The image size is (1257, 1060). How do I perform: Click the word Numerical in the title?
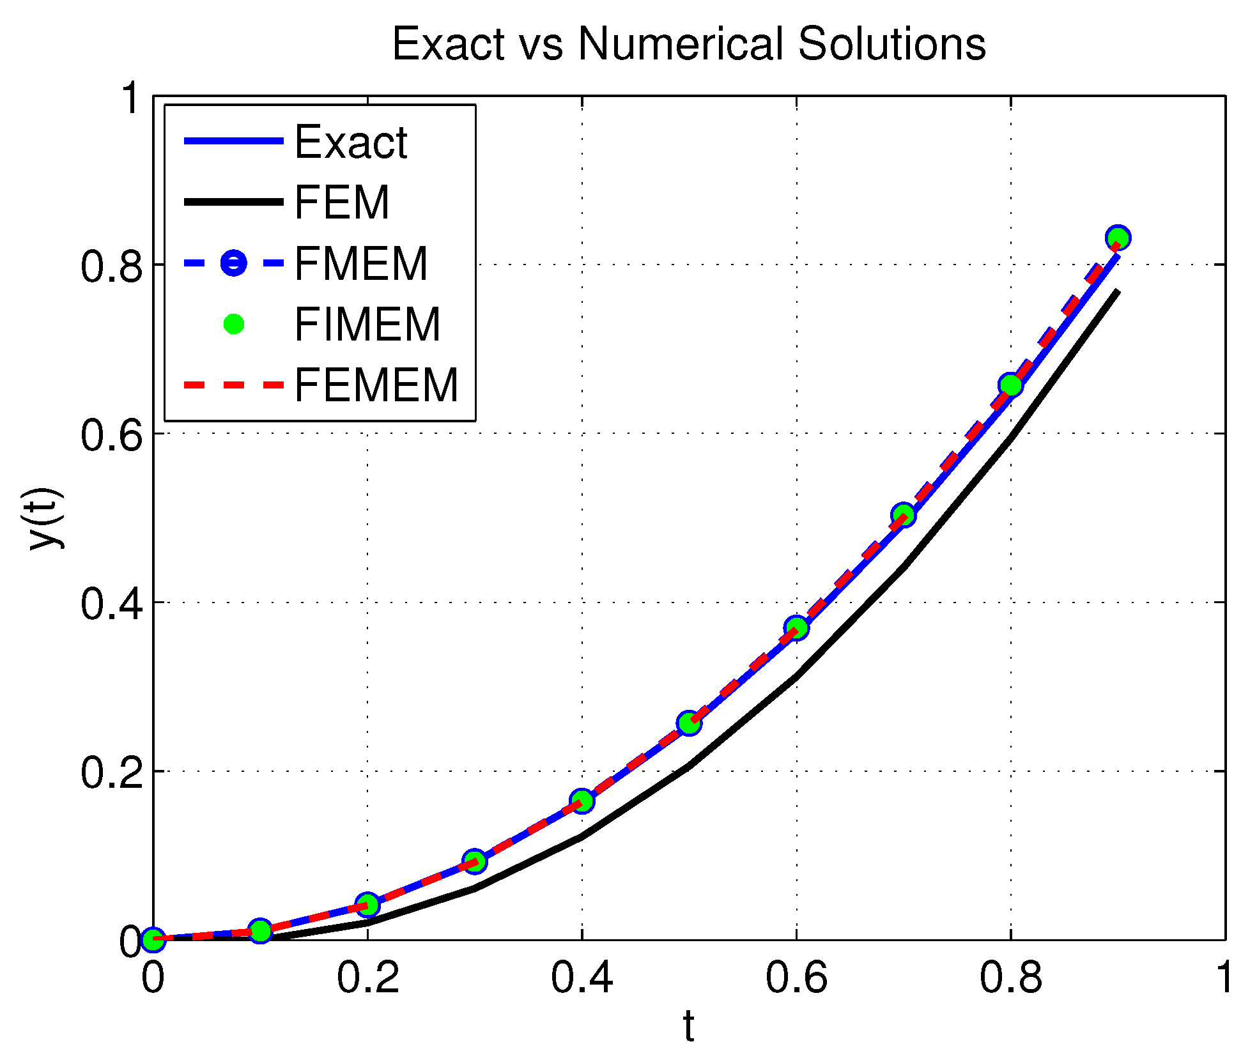click(681, 44)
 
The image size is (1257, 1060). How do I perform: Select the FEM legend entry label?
click(341, 203)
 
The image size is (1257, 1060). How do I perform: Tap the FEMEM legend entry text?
click(376, 385)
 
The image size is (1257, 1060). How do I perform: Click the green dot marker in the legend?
click(234, 324)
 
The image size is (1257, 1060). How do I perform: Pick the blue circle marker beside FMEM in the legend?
click(234, 263)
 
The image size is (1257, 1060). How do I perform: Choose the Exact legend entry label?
click(350, 142)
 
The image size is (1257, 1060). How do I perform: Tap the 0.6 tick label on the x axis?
click(796, 978)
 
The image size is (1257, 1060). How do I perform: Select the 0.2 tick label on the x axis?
click(367, 978)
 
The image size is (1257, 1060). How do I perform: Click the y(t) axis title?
click(46, 518)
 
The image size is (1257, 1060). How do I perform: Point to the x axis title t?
click(688, 1026)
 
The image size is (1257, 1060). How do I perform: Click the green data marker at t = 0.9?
click(1118, 238)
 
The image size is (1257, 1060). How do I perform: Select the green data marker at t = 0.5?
click(689, 723)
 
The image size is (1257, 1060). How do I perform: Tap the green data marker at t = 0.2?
click(367, 905)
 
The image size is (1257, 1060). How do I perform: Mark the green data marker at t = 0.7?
click(903, 514)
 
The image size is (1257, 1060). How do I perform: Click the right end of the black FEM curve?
click(1117, 292)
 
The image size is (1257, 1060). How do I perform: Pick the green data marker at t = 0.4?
click(582, 801)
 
